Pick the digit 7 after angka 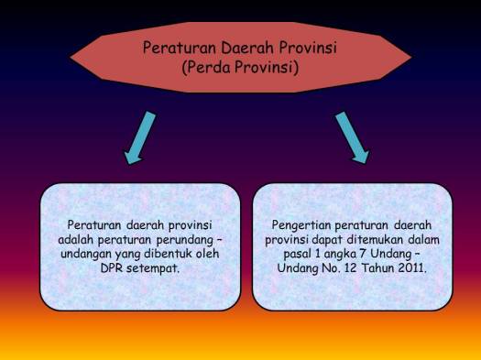pyautogui.click(x=356, y=254)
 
